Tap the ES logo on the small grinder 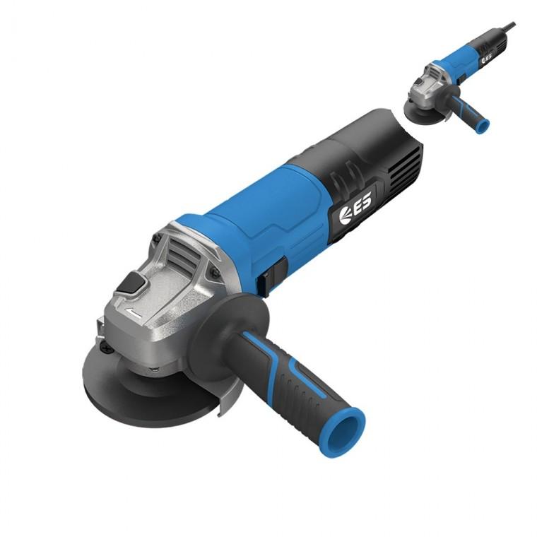pos(487,58)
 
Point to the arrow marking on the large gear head pos(134,312)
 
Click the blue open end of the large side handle pos(346,430)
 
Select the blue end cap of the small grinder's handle pos(483,126)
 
